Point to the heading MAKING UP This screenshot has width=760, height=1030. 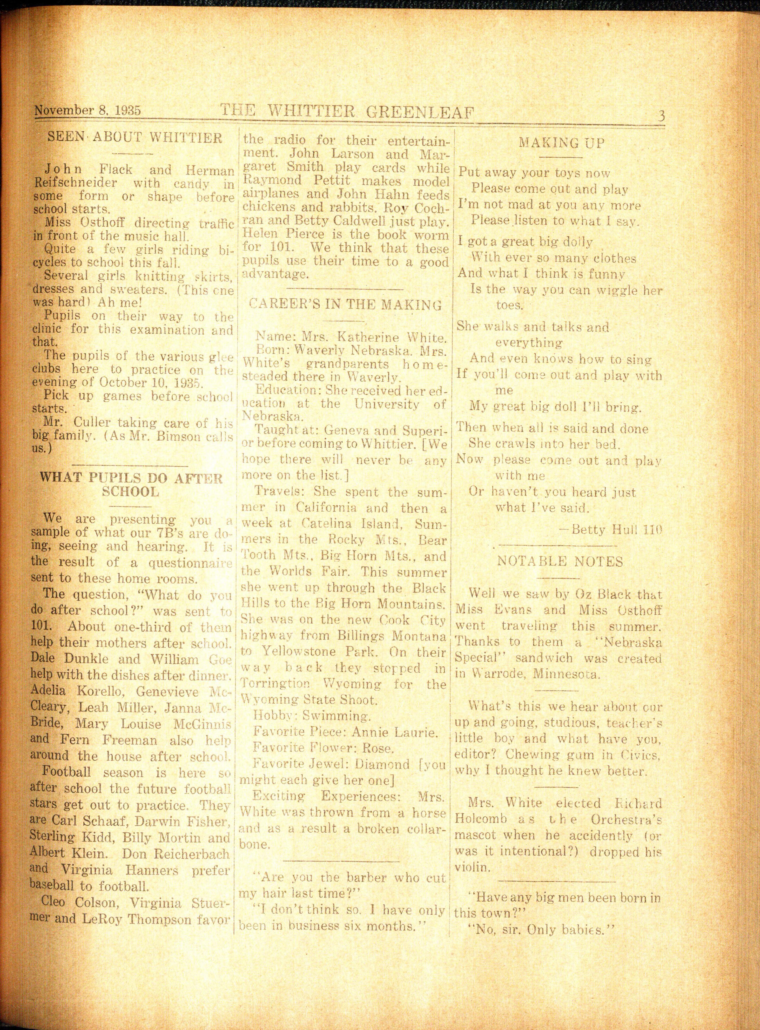(x=562, y=143)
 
